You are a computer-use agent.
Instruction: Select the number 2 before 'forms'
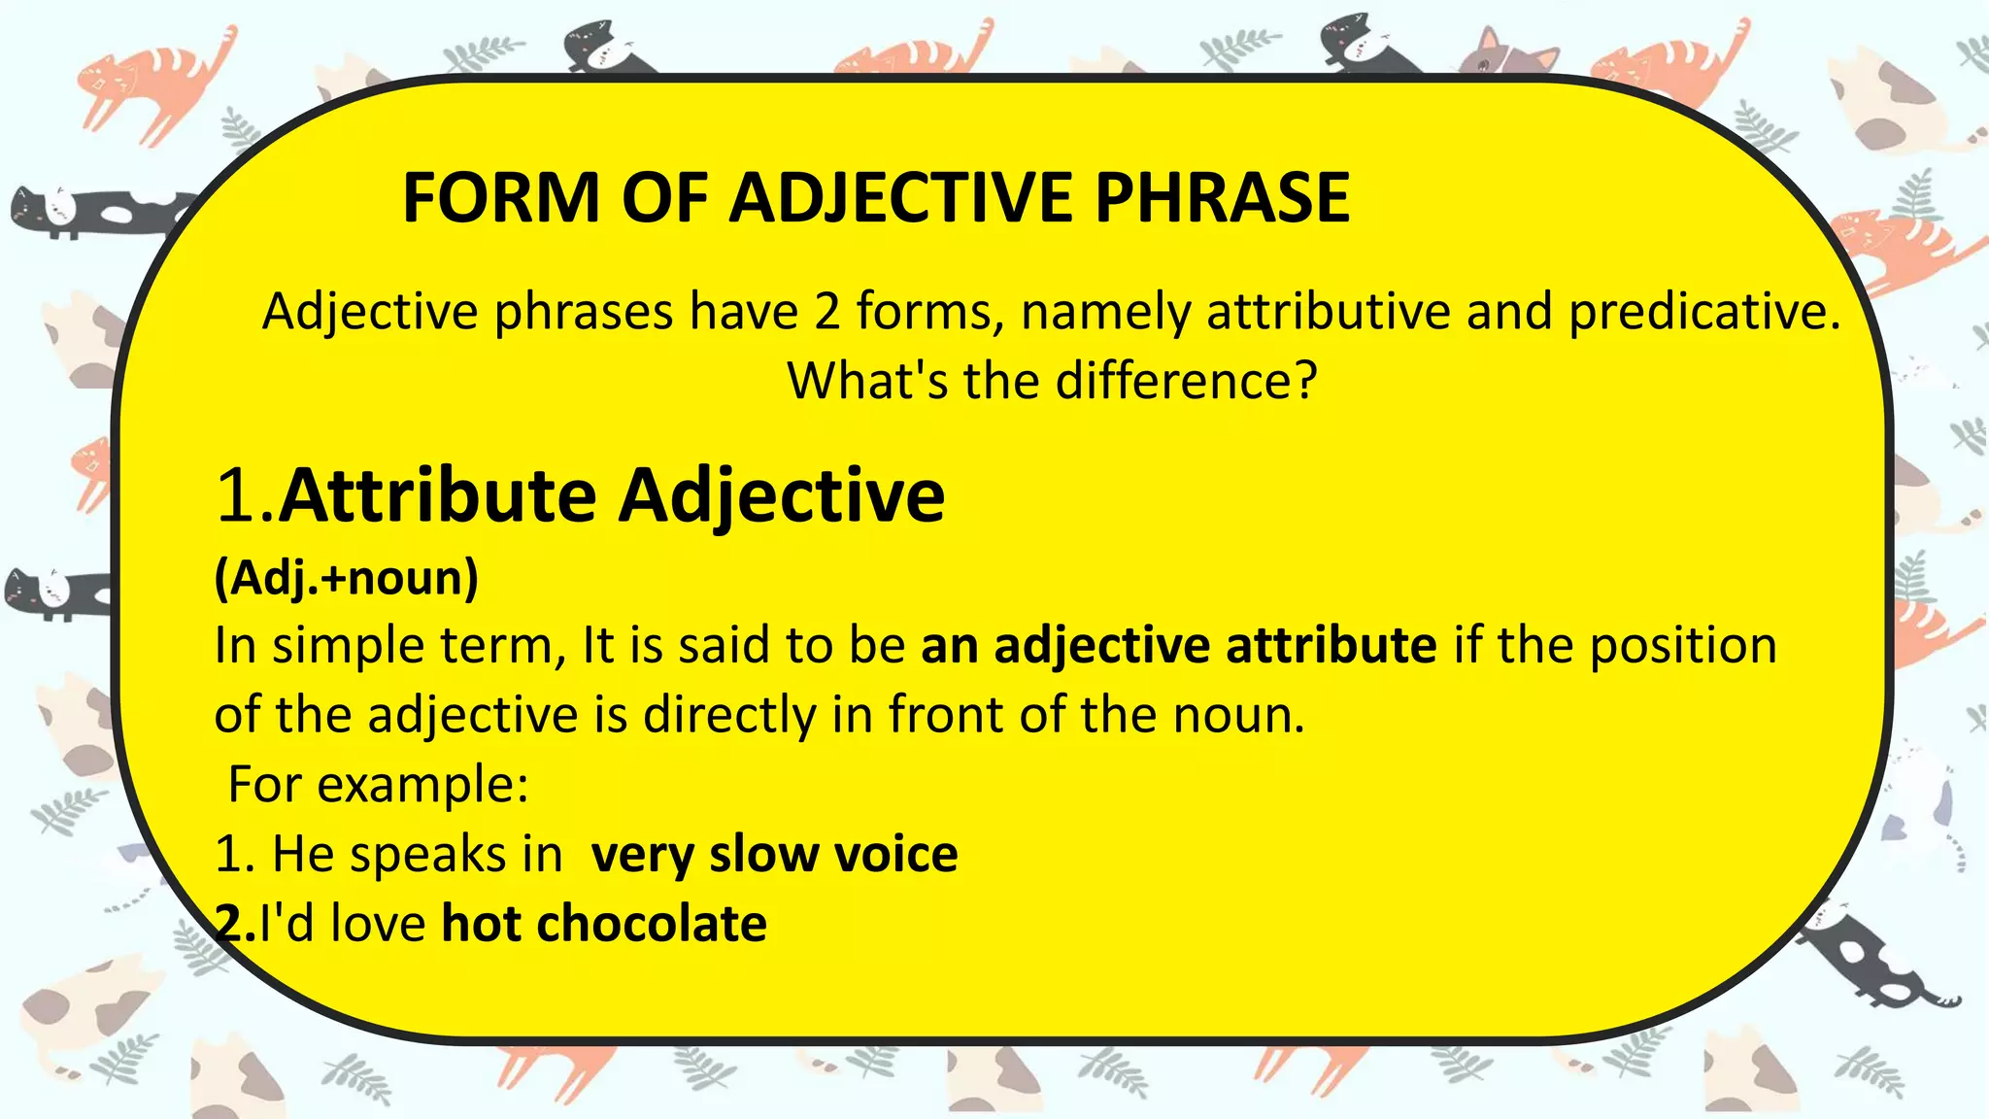[x=826, y=313]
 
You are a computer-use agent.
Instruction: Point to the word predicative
[x=1704, y=313]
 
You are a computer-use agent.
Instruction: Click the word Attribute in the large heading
[x=437, y=496]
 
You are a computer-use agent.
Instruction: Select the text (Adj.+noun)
[x=347, y=579]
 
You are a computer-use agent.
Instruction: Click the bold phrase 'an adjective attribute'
[x=1178, y=645]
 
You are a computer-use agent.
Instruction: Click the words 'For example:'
[x=378, y=784]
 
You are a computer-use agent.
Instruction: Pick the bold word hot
[x=481, y=924]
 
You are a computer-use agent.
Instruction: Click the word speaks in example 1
[x=428, y=854]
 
